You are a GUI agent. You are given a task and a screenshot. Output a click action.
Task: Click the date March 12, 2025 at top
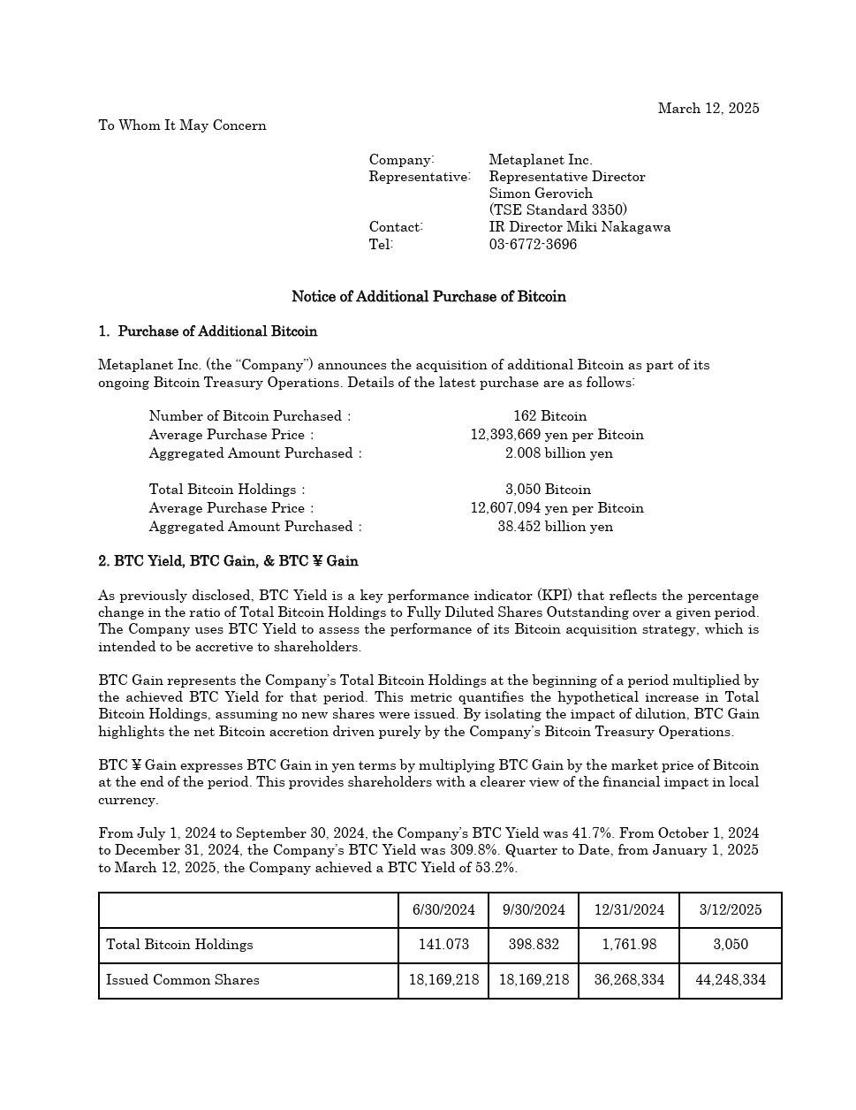(708, 109)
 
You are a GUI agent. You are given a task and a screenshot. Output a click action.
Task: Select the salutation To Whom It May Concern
(182, 125)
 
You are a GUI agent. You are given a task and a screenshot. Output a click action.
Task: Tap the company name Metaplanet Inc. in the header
(540, 160)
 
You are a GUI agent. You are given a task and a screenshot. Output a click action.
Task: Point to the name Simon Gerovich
(541, 194)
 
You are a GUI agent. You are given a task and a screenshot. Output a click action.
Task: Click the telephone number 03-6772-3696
(533, 245)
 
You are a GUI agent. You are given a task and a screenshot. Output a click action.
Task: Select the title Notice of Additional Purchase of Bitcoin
(428, 297)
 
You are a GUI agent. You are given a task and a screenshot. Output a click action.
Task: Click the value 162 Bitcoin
(549, 416)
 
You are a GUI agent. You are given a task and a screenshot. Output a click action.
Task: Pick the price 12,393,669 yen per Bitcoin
(557, 435)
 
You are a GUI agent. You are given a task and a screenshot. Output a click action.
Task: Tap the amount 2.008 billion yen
(558, 453)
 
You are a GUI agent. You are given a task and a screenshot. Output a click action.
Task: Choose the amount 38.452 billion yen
(555, 527)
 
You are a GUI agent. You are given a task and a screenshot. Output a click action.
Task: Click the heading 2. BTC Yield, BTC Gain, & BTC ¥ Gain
(228, 561)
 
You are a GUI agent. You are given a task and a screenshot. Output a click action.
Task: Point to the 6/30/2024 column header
(443, 910)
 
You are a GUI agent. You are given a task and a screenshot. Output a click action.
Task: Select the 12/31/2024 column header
(629, 910)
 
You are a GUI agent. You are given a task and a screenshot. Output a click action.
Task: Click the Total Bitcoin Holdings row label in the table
(179, 945)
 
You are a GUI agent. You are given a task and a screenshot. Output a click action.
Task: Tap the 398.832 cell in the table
(534, 945)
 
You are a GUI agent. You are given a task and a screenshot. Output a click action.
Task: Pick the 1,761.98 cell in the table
(629, 945)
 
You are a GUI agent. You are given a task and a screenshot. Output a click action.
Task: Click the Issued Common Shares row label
(183, 980)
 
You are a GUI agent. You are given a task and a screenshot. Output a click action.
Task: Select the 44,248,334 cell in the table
(731, 980)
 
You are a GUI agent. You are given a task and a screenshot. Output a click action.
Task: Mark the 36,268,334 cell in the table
(629, 980)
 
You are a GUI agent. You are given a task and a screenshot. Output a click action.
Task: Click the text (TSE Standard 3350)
(557, 210)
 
